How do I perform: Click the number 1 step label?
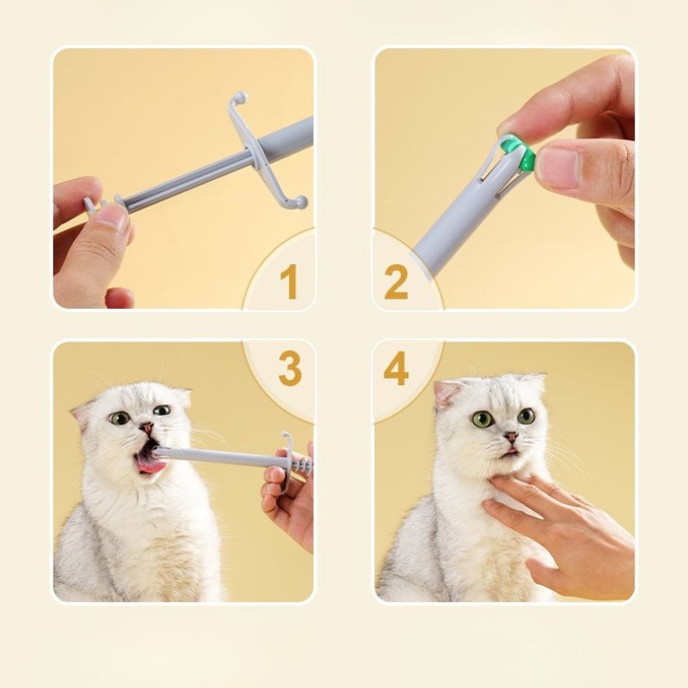(x=287, y=281)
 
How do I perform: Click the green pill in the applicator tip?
(x=518, y=152)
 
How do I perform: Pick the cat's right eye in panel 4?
(x=526, y=415)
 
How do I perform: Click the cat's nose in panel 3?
(x=147, y=427)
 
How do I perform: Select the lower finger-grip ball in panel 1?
(x=301, y=203)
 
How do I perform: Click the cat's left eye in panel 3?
(x=120, y=418)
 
